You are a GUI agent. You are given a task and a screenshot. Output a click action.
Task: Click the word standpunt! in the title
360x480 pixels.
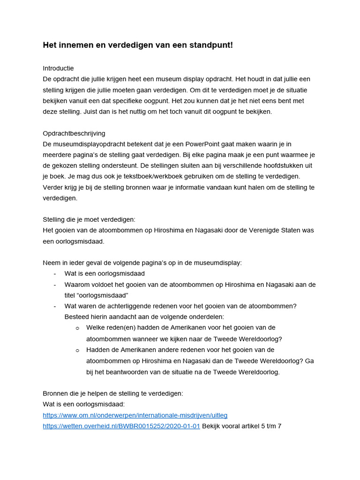pos(209,45)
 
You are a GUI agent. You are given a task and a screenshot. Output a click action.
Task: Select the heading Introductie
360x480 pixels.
pos(58,68)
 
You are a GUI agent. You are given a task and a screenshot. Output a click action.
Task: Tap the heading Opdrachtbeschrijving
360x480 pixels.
pos(74,133)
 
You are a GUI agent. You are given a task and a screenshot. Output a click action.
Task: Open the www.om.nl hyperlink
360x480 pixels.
pos(135,415)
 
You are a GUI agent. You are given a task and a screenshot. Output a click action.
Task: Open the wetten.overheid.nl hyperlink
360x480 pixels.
pos(121,426)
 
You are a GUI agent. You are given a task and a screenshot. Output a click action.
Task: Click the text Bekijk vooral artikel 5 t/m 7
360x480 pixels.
pos(241,426)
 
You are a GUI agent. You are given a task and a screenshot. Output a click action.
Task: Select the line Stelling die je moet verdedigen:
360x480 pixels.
pos(89,219)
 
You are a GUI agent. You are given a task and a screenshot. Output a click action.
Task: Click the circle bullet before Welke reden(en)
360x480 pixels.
pos(77,328)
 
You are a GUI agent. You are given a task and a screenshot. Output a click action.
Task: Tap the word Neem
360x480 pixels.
pos(52,262)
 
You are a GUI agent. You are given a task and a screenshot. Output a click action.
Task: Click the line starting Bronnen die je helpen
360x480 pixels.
pos(113,393)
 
